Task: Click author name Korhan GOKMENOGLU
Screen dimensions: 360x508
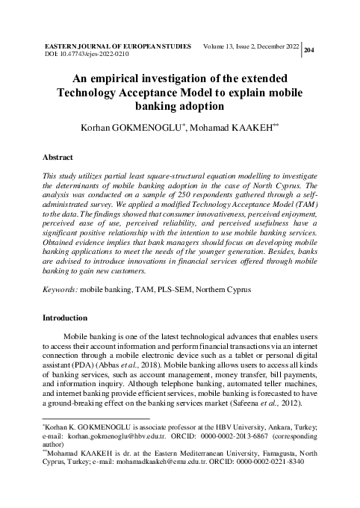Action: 139,129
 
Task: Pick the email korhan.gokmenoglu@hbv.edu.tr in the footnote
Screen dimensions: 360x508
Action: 130,433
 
